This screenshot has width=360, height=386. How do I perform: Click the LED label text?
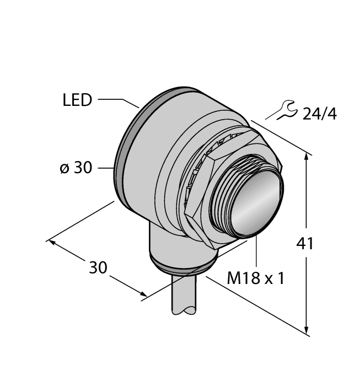click(77, 100)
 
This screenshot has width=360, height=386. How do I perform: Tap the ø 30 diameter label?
click(76, 168)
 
